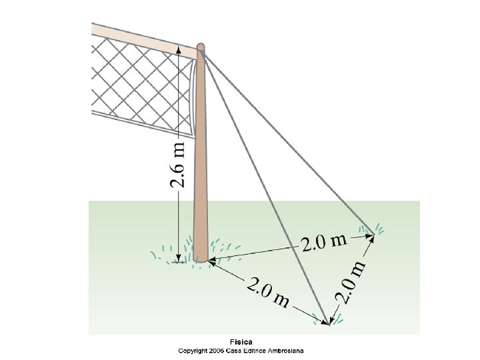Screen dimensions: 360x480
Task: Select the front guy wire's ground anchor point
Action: (x=329, y=323)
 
